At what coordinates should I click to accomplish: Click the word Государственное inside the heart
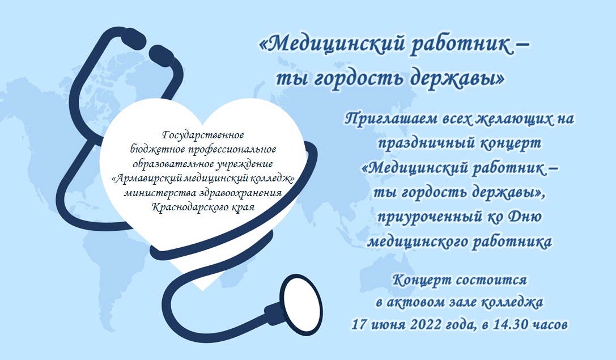tap(203, 135)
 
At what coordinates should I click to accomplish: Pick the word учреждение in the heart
tap(244, 164)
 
